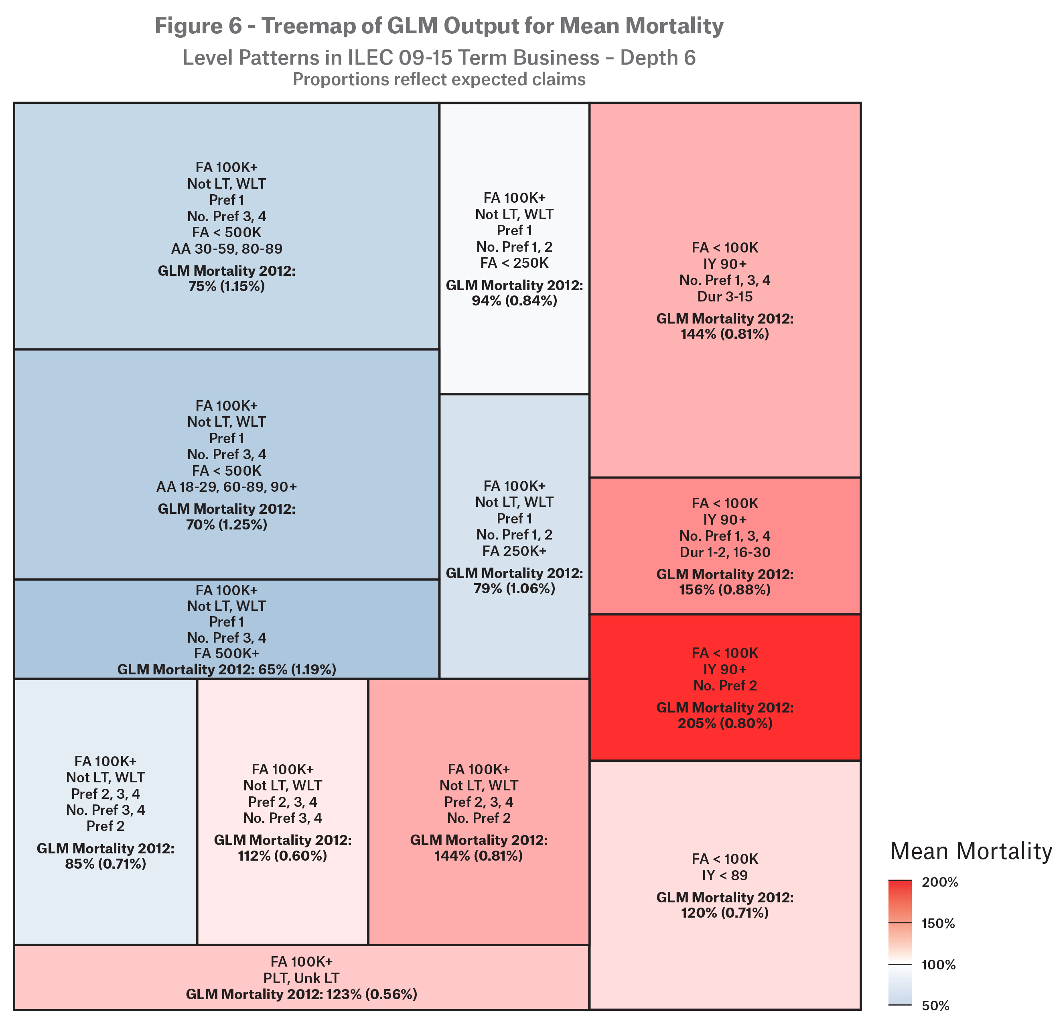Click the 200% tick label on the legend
tap(940, 882)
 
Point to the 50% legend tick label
tap(935, 1006)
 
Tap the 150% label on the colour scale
tap(938, 924)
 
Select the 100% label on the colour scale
tap(938, 965)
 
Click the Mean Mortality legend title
tap(971, 851)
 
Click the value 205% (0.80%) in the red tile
tap(724, 723)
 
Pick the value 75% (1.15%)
tap(227, 286)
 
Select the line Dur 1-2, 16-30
tap(724, 552)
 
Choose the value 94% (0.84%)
tap(514, 300)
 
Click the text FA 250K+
tap(514, 551)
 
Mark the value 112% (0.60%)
tap(282, 856)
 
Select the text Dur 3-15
tap(724, 296)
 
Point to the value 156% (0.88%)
tap(724, 589)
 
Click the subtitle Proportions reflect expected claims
tap(439, 79)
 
